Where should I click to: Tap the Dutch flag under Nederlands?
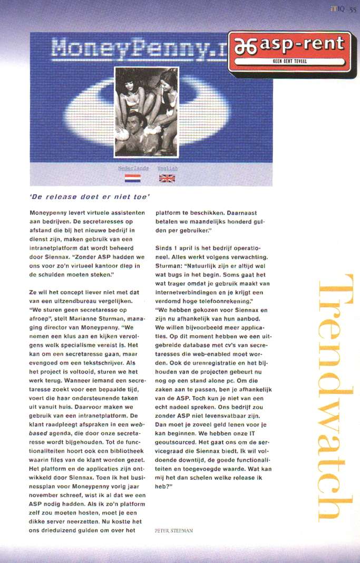132,178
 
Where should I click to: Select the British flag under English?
167,178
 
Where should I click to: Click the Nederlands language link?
133,168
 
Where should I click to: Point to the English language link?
167,168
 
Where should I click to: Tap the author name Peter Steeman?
173,530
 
